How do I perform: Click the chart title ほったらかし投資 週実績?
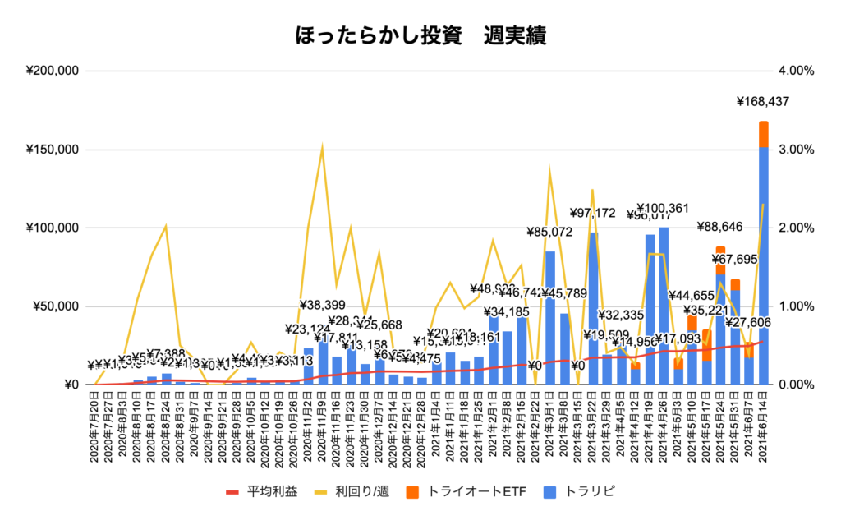(420, 36)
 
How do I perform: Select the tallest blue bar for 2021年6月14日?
(764, 263)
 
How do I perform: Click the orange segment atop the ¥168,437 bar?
(764, 134)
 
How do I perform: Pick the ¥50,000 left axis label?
(56, 306)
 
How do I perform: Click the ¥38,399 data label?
(322, 304)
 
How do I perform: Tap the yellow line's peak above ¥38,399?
(322, 147)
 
